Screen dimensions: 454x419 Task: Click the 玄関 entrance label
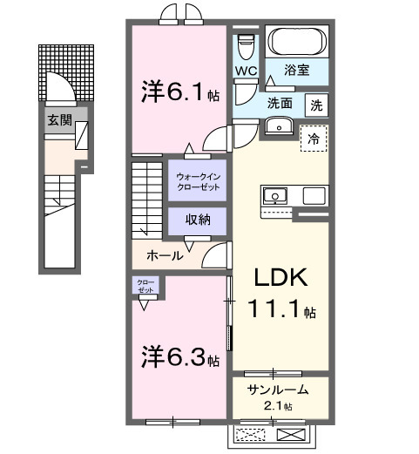click(x=60, y=119)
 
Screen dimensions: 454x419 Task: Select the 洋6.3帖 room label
click(x=179, y=356)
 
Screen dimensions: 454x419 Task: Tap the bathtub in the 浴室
click(x=295, y=41)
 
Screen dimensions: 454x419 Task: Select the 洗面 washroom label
click(x=281, y=104)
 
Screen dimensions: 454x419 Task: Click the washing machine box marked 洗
click(x=317, y=104)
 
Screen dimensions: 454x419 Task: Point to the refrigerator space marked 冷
click(x=312, y=138)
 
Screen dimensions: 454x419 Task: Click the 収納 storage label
click(x=197, y=219)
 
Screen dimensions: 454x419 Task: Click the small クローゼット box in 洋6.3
click(x=145, y=286)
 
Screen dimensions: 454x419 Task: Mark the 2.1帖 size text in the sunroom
click(x=280, y=405)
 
